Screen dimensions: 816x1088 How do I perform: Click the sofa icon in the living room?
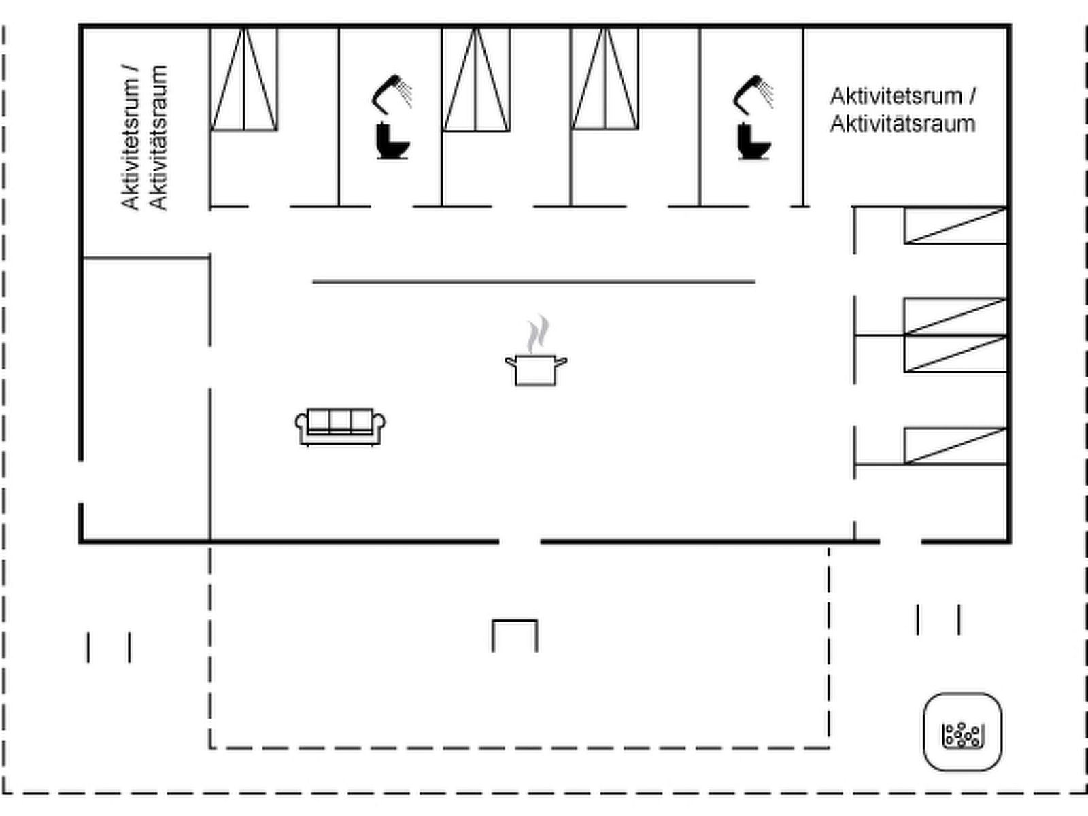coord(341,427)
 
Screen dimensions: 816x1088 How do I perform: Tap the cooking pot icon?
coord(537,369)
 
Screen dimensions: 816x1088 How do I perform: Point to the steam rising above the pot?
coord(538,334)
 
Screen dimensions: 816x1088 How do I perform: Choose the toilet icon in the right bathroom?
coord(754,141)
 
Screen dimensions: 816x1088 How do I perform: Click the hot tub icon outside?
coord(962,732)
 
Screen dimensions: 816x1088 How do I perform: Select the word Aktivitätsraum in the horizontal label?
coord(902,124)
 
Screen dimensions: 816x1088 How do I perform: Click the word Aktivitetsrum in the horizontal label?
coord(896,96)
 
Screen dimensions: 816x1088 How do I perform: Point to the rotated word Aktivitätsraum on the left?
coord(158,138)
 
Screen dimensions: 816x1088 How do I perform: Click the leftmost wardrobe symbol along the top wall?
coord(243,79)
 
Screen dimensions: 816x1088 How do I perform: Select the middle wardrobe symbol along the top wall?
coord(476,79)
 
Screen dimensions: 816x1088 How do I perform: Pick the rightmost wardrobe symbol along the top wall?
coord(605,79)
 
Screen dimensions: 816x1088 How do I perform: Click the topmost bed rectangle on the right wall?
coord(955,226)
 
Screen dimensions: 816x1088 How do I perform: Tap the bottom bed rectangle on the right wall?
coord(955,446)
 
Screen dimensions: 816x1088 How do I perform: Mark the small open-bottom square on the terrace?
coord(515,635)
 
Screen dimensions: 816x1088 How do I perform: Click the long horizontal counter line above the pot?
coord(534,282)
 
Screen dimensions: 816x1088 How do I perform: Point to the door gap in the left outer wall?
coord(81,482)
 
